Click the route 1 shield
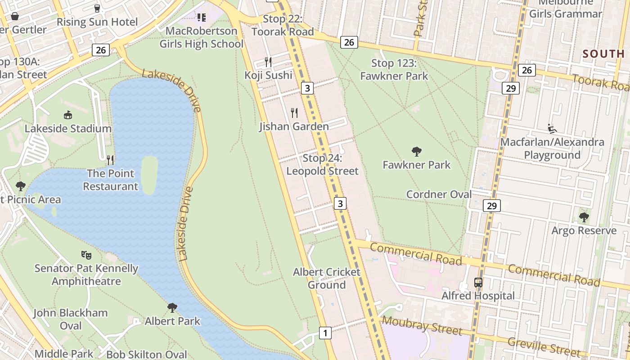point(325,333)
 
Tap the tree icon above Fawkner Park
point(417,152)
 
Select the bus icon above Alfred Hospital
point(478,283)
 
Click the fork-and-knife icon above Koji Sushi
point(268,62)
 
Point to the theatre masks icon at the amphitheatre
point(86,255)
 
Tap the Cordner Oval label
point(439,194)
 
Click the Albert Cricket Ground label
point(327,279)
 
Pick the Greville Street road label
point(545,346)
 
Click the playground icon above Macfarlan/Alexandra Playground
point(552,129)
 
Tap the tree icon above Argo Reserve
point(584,218)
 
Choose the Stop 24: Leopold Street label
point(322,165)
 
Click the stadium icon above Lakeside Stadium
point(68,115)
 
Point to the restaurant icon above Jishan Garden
point(294,113)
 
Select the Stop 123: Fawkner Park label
point(394,70)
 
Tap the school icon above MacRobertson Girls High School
point(201,18)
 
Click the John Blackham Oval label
point(71,319)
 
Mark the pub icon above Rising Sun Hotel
point(97,8)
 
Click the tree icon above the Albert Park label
point(172,308)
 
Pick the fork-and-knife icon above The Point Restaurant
point(110,160)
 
